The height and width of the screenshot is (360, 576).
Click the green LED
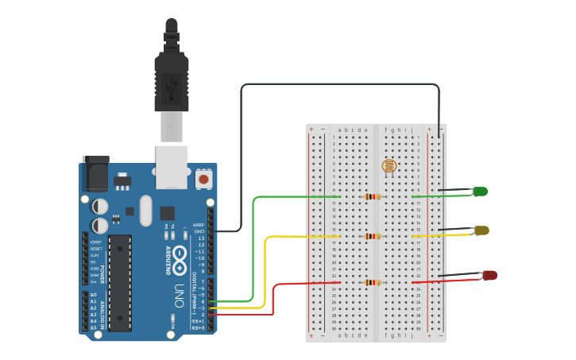click(480, 192)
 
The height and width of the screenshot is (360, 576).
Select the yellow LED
click(481, 230)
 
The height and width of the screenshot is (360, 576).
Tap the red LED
click(489, 275)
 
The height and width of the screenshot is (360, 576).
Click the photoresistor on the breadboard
click(389, 166)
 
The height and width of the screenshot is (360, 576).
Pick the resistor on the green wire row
click(371, 196)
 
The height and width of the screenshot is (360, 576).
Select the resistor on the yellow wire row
click(371, 236)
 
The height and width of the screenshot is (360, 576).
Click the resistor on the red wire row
click(371, 282)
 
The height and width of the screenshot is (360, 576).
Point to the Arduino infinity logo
click(180, 256)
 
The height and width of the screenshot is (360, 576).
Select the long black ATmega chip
click(120, 282)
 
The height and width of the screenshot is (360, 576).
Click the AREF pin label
click(199, 225)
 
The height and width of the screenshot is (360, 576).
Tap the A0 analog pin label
click(93, 295)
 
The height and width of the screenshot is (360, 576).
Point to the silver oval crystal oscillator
click(145, 211)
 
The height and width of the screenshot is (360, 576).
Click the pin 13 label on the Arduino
click(201, 238)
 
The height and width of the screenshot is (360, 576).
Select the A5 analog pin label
click(93, 327)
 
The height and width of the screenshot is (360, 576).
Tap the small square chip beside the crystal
click(167, 213)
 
